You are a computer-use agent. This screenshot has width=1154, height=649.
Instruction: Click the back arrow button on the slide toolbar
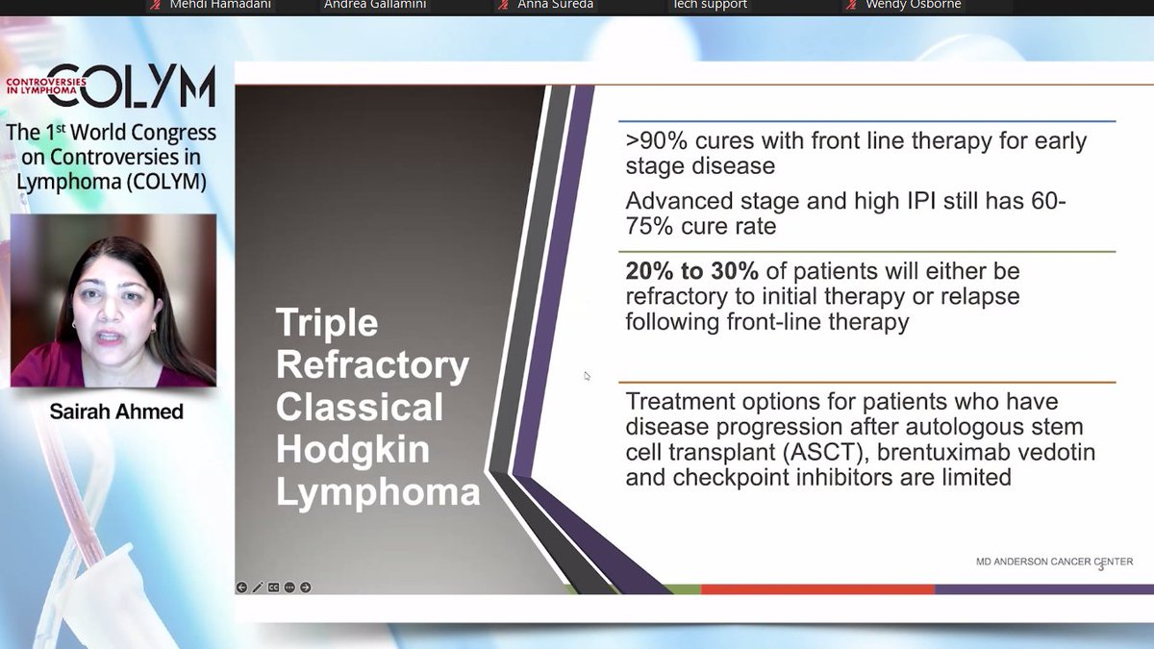click(241, 587)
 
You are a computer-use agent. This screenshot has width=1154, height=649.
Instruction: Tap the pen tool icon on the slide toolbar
click(258, 587)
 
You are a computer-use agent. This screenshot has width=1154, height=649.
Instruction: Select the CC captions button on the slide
click(273, 587)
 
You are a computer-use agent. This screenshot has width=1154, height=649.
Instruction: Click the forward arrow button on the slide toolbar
click(305, 587)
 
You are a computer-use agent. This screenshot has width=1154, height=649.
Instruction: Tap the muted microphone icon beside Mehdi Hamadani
click(154, 6)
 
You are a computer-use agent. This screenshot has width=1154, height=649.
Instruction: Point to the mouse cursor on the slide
click(587, 376)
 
